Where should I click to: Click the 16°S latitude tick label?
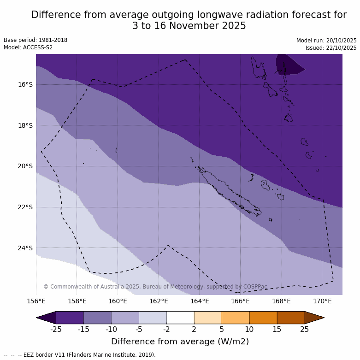[x=25, y=84]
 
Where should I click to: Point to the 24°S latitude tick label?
[x=25, y=248]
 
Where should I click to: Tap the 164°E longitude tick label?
[x=200, y=301]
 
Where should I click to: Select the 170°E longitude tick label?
[x=322, y=301]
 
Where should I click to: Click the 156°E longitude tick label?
[x=36, y=301]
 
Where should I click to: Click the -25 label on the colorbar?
[x=56, y=329]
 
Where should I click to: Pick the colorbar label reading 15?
[x=277, y=329]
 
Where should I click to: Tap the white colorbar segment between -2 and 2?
[x=180, y=318]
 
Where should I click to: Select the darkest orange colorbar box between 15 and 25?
[x=291, y=318]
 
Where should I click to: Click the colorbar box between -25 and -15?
[x=70, y=318]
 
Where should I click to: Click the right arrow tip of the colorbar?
[x=323, y=318]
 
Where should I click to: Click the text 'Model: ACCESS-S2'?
[x=28, y=47]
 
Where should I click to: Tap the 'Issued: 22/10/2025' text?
[x=331, y=48]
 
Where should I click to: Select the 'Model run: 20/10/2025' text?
[x=326, y=41]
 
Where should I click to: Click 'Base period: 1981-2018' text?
[x=35, y=40]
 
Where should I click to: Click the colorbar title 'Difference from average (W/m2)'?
[x=180, y=342]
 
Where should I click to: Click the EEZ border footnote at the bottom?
[x=80, y=355]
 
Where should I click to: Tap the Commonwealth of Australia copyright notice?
[x=155, y=287]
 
